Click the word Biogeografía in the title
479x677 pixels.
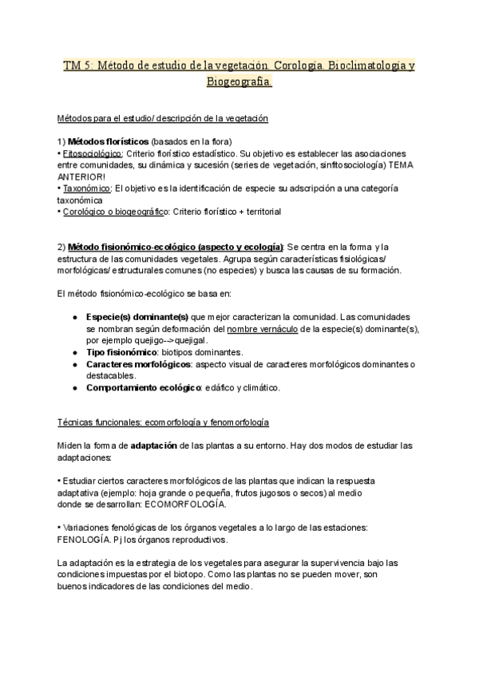click(239, 82)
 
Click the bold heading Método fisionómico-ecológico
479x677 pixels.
click(176, 247)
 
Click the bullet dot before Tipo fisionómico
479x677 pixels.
click(74, 352)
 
